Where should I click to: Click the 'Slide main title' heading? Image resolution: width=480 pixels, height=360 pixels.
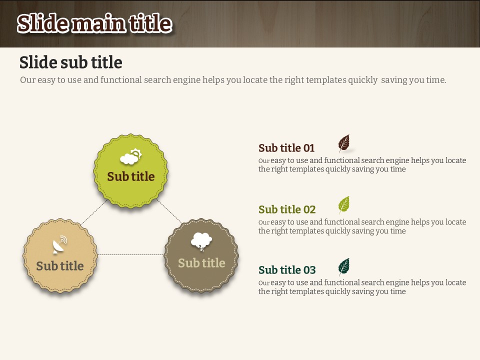coord(94,23)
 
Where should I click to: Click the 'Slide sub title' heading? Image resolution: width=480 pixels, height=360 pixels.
coord(70,62)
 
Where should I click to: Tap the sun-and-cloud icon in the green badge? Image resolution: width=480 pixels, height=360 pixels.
coord(131,156)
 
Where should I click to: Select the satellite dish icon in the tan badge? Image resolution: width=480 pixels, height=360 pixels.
coord(59,244)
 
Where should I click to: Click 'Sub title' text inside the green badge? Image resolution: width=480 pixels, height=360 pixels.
coord(130,176)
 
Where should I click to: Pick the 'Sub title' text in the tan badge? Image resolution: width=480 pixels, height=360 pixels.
coord(59,265)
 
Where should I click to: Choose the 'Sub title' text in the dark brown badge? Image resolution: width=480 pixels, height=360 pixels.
coord(201,263)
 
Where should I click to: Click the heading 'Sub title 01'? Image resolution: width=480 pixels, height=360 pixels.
coord(286,148)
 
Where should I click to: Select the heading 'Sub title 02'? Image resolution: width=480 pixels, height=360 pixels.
coord(287,209)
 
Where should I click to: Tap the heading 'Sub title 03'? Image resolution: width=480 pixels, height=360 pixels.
coord(287,269)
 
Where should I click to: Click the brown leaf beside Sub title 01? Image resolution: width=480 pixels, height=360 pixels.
coord(344,143)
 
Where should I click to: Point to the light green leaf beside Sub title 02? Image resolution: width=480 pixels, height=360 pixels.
coord(344,205)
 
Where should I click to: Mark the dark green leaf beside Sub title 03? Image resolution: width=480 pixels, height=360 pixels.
coord(344,266)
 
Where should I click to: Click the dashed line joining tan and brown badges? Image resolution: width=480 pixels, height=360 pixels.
coord(130,254)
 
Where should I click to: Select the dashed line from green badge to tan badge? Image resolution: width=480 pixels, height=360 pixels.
coord(94,213)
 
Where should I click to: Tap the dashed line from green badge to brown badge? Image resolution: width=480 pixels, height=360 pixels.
coord(169,211)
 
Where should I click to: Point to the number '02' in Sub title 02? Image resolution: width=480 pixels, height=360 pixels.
coord(309,209)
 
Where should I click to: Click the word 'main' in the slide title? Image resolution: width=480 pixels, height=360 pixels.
coord(98,24)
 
